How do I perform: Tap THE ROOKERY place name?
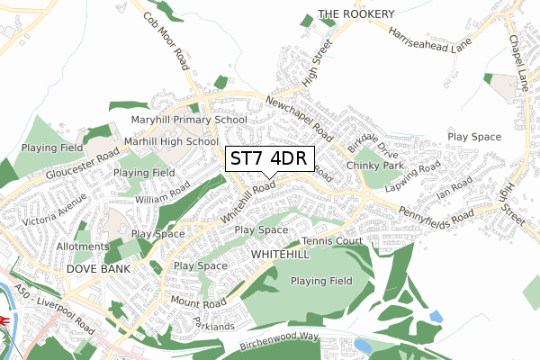click(356, 14)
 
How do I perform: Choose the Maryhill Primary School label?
click(189, 119)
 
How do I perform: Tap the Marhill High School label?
click(171, 141)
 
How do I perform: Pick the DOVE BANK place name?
click(99, 269)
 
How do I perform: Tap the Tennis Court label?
click(331, 241)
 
